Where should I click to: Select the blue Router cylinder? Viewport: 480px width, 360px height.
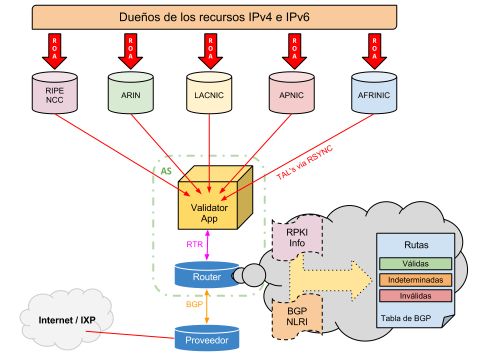(206, 276)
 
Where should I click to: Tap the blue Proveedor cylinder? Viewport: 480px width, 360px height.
(206, 339)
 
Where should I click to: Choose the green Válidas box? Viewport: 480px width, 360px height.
(415, 263)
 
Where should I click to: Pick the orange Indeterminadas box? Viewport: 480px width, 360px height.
(415, 279)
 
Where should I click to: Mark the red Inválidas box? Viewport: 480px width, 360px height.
(415, 295)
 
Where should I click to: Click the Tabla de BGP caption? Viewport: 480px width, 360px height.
(405, 318)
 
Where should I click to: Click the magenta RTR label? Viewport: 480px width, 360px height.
(194, 244)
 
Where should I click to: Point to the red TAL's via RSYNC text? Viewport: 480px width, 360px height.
(304, 162)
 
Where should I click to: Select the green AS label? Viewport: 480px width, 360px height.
(166, 171)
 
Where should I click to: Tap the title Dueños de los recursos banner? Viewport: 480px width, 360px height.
(214, 17)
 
